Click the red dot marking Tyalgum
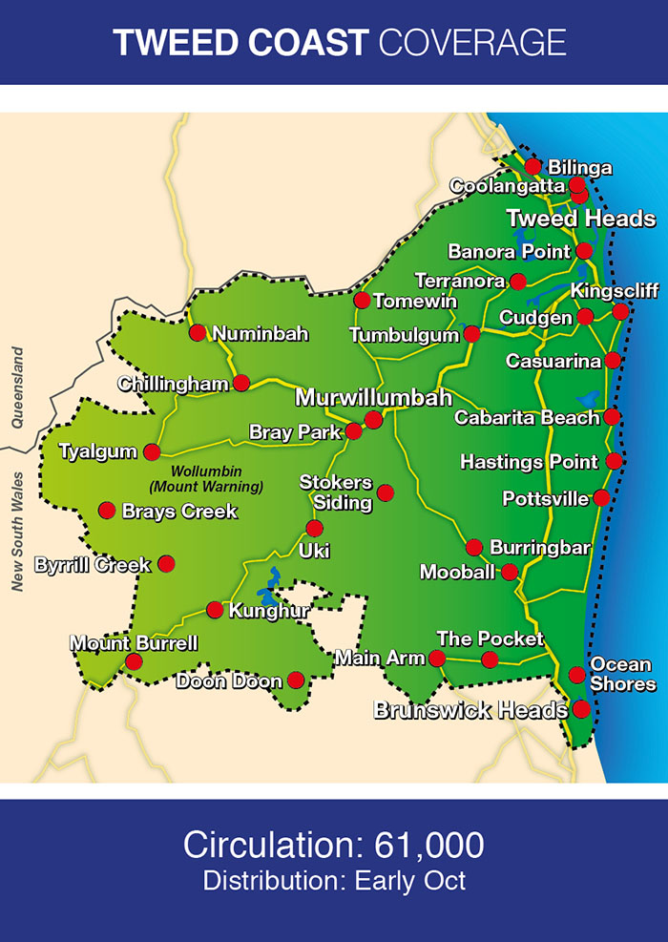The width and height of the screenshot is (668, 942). [x=152, y=451]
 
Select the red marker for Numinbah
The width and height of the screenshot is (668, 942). [x=198, y=333]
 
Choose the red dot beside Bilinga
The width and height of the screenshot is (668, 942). [x=533, y=166]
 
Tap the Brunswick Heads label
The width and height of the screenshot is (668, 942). [x=470, y=710]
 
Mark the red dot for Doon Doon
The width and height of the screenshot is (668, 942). [x=296, y=680]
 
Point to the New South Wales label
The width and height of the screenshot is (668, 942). [x=17, y=531]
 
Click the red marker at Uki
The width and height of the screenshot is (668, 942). [x=314, y=528]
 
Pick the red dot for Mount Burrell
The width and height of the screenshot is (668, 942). [x=134, y=661]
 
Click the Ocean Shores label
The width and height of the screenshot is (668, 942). [x=622, y=674]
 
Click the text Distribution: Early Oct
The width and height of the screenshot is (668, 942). [x=334, y=880]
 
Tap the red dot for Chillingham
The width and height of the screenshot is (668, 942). [x=241, y=383]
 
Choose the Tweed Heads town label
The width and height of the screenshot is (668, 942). [x=580, y=219]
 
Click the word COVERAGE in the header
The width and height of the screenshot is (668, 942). [x=472, y=42]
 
